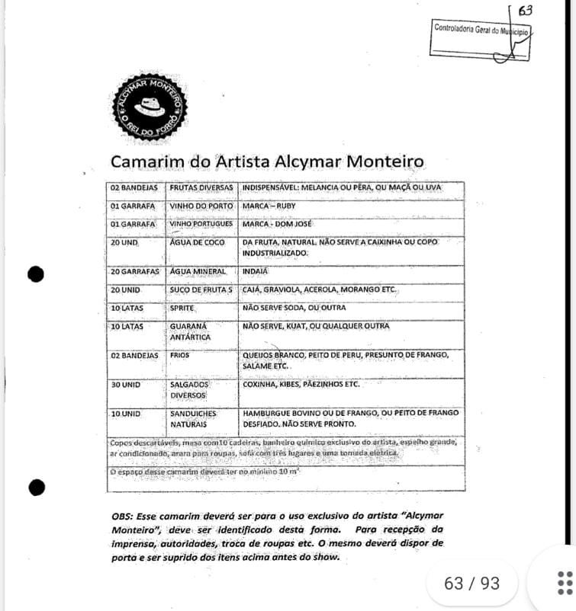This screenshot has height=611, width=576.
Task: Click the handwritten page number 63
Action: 525,11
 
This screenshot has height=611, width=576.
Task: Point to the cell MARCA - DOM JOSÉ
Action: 275,225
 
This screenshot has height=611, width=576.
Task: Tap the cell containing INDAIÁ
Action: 255,271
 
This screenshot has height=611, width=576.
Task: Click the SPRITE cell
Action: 183,308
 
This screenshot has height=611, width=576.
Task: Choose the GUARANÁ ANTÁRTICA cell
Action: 190,331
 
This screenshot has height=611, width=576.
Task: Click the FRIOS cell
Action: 182,355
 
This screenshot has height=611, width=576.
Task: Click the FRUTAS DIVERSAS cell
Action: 201,187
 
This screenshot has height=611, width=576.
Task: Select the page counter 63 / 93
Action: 471,584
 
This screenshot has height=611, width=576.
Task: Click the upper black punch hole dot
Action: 36,274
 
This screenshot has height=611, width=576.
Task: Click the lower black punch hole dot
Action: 36,487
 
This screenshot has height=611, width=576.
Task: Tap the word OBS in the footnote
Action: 124,516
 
